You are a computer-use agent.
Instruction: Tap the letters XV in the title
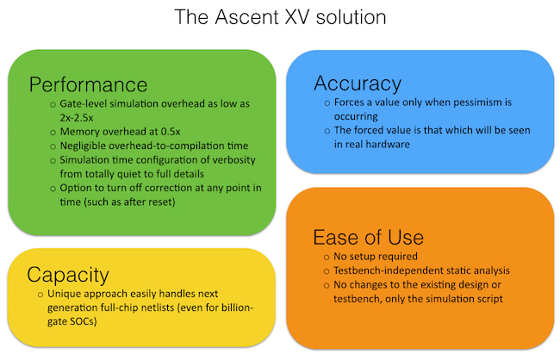pyautogui.click(x=296, y=16)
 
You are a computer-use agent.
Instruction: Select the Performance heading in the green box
pyautogui.click(x=88, y=85)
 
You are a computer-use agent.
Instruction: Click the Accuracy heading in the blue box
pyautogui.click(x=358, y=84)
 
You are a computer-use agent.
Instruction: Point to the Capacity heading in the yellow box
pyautogui.click(x=68, y=275)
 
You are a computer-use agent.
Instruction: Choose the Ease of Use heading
pyautogui.click(x=368, y=238)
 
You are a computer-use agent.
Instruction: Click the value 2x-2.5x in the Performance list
pyautogui.click(x=77, y=117)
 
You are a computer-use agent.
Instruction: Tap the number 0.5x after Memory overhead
pyautogui.click(x=171, y=132)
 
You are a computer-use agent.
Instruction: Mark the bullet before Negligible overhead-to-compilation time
pyautogui.click(x=53, y=146)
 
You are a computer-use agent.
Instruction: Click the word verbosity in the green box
pyautogui.click(x=233, y=160)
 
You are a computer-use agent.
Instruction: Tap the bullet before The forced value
pyautogui.click(x=327, y=131)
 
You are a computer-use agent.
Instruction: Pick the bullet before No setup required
pyautogui.click(x=327, y=258)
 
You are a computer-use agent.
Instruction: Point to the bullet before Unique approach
pyautogui.click(x=40, y=295)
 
